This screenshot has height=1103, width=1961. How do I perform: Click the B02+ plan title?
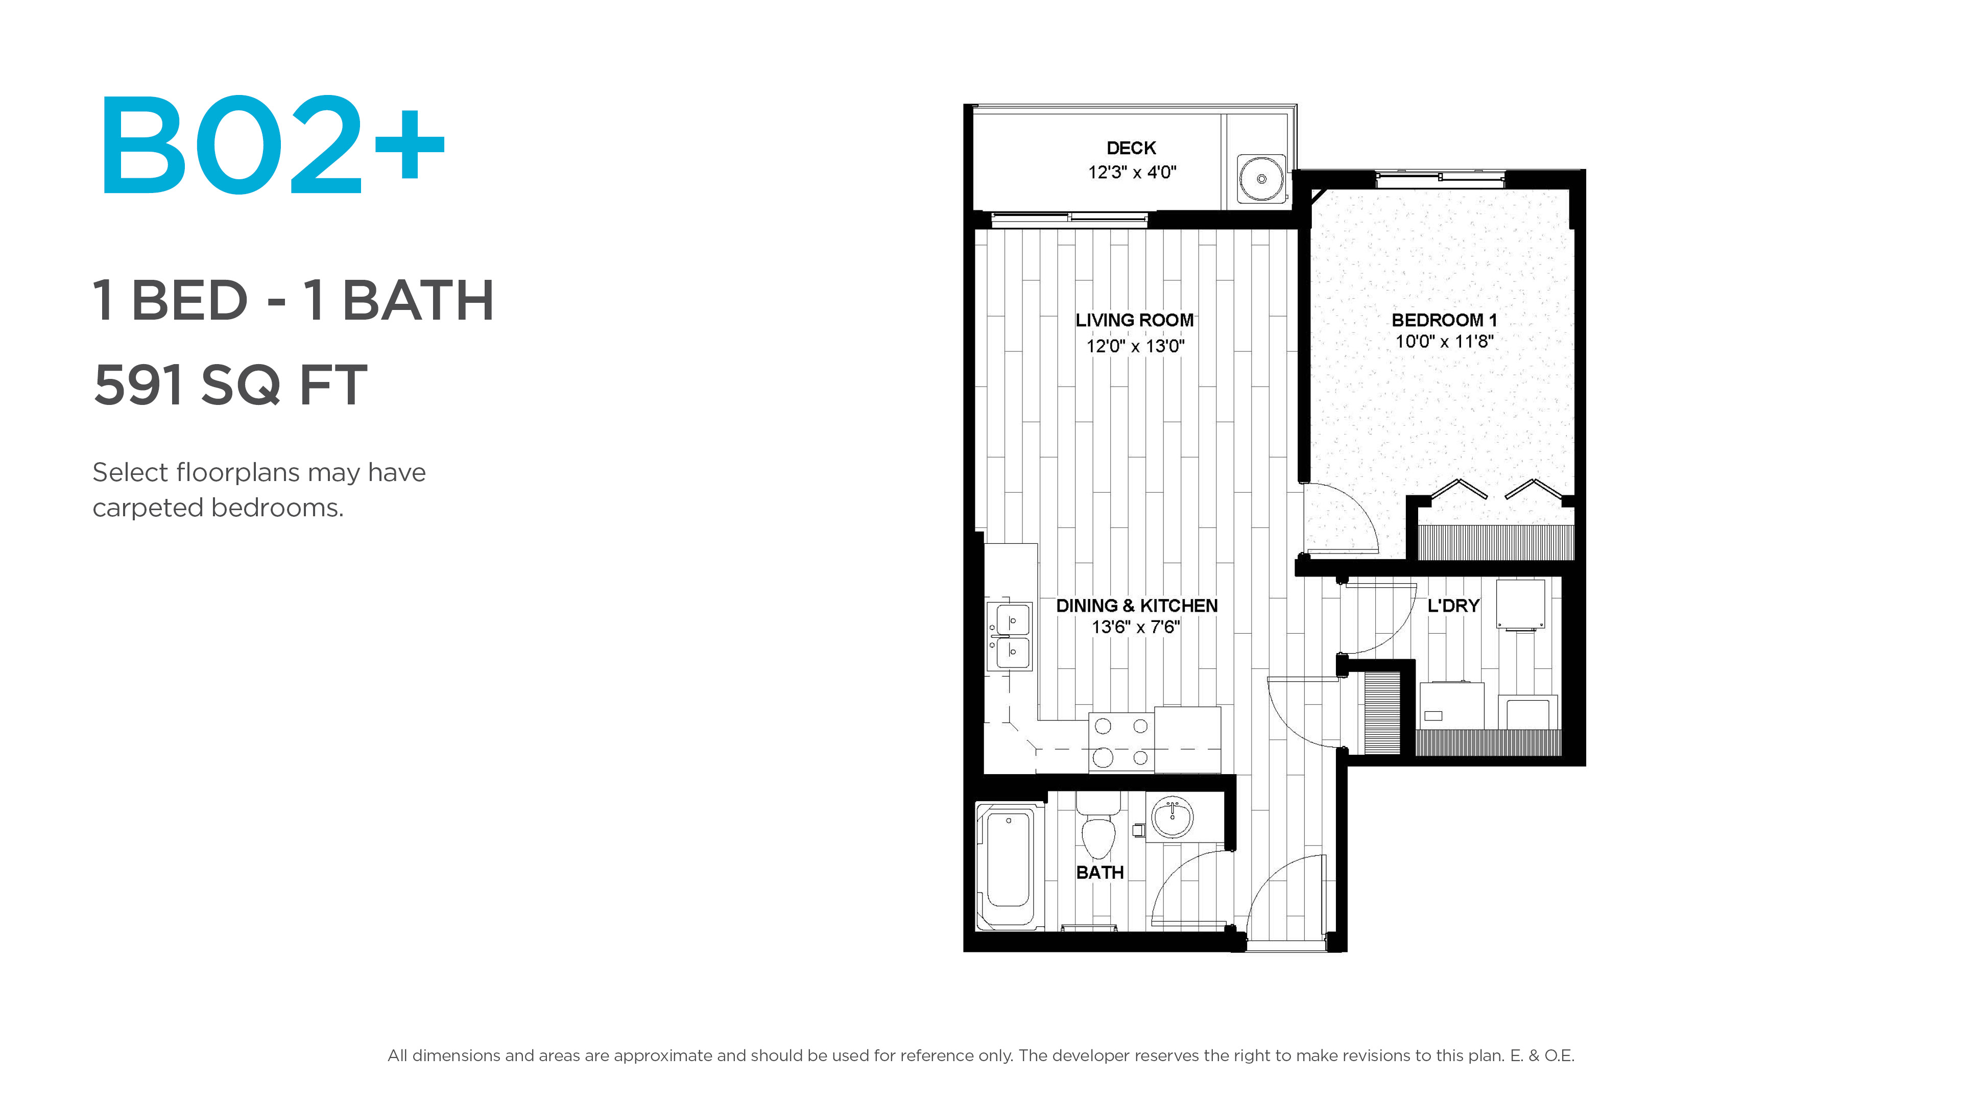pyautogui.click(x=272, y=144)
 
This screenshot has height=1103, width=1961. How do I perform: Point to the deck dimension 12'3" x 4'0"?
pyautogui.click(x=1132, y=172)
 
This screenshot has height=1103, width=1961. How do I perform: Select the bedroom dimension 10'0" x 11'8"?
pyautogui.click(x=1444, y=341)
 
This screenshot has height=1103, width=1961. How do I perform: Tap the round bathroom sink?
pyautogui.click(x=1173, y=818)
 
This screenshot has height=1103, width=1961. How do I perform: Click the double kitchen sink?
pyautogui.click(x=1010, y=636)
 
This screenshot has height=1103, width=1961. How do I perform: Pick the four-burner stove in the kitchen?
pyautogui.click(x=1121, y=742)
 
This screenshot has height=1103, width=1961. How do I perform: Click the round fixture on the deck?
pyautogui.click(x=1261, y=179)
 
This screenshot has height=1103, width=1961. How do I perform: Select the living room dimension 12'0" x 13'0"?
pyautogui.click(x=1135, y=346)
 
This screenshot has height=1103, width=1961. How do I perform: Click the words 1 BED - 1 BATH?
pyautogui.click(x=294, y=300)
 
